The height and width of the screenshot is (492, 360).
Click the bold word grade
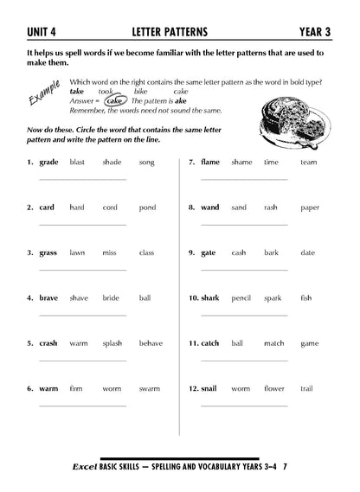pos(48,162)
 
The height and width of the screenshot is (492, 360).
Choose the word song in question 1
pos(146,162)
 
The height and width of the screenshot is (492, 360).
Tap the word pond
pos(147,208)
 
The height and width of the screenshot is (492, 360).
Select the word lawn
pos(77,252)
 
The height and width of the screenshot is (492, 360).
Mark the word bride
pos(111,297)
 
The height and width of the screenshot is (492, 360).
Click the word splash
pos(112,343)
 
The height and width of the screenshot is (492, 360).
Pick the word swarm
pos(150,388)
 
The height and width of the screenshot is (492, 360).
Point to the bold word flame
pos(210,162)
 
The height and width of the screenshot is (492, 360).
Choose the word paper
pos(310,208)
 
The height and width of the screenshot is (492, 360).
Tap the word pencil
pos(241,297)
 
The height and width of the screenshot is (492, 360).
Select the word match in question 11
pos(273,343)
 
